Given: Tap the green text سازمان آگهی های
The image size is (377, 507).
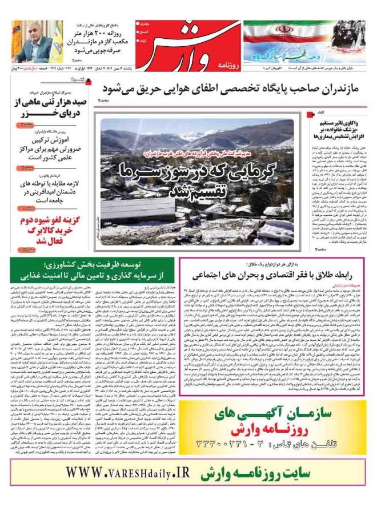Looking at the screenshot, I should (274, 396).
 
